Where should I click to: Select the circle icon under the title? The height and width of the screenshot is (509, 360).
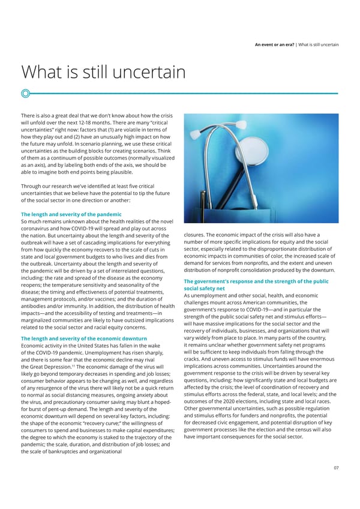25,93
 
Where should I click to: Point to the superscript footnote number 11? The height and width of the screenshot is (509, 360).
73,365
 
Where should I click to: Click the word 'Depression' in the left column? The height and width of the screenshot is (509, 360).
56,367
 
